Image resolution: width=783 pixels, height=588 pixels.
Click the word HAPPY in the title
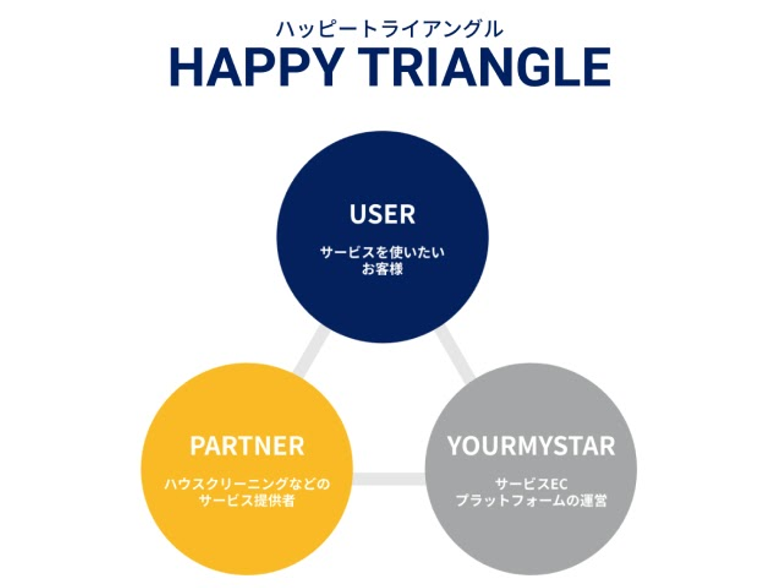click(x=256, y=68)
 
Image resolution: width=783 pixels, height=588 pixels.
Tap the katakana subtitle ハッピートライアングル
click(x=389, y=29)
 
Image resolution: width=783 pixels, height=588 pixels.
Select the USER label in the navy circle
click(x=382, y=214)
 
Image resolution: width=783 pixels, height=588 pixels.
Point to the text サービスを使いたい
click(x=382, y=252)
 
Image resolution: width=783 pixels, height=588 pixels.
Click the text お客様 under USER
click(x=382, y=269)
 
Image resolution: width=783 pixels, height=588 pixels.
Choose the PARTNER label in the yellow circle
click(x=247, y=446)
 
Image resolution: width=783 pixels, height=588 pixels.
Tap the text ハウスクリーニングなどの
click(x=247, y=483)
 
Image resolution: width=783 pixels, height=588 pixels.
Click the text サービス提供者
click(x=247, y=500)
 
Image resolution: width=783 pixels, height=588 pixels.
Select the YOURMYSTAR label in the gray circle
click(x=531, y=446)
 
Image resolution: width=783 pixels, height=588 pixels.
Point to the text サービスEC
click(x=531, y=483)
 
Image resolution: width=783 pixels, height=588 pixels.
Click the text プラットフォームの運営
click(x=531, y=500)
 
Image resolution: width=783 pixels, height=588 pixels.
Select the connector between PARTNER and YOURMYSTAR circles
click(x=389, y=479)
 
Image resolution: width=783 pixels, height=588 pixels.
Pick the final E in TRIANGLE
click(x=595, y=68)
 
